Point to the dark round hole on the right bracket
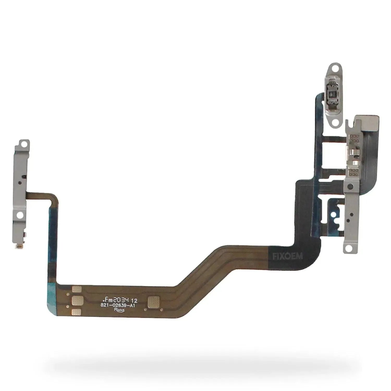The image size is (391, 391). point(350,186)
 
